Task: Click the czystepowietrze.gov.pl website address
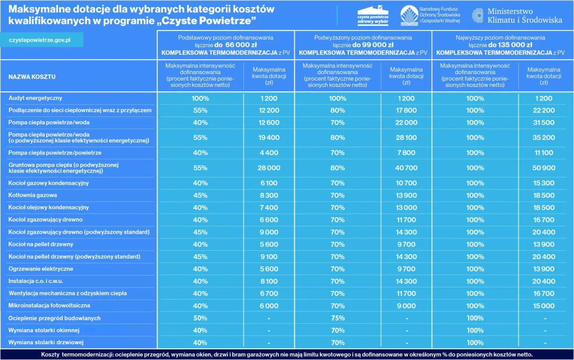40,40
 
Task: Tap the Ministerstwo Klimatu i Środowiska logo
517,16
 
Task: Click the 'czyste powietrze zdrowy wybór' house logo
373,16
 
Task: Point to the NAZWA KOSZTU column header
32,77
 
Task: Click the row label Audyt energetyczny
35,98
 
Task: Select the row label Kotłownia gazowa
33,195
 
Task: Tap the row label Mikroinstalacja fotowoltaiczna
49,305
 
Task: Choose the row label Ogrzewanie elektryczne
41,269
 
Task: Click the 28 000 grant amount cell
269,168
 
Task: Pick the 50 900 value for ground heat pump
544,168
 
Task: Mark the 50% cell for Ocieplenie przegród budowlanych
200,318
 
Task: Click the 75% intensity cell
337,318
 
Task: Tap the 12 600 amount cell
269,122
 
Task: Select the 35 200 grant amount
544,138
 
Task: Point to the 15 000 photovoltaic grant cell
544,306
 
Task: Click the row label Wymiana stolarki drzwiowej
46,343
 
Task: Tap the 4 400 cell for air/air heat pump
269,153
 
